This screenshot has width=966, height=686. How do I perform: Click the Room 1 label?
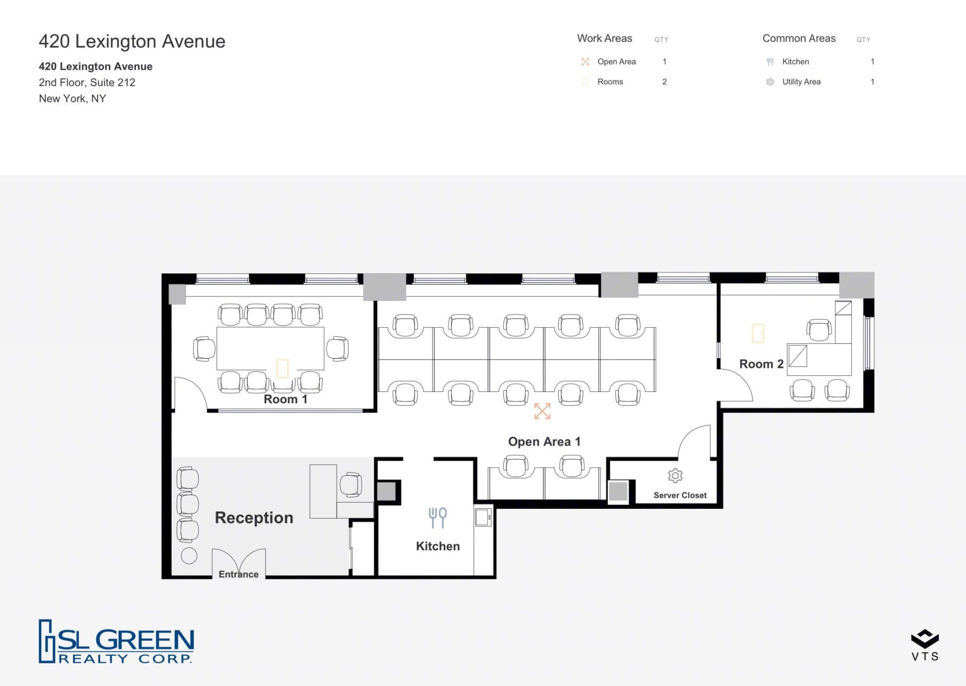pyautogui.click(x=285, y=399)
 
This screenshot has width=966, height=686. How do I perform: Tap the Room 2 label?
pyautogui.click(x=761, y=364)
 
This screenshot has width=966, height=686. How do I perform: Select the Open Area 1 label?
pyautogui.click(x=544, y=441)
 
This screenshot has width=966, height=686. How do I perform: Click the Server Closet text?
pyautogui.click(x=680, y=495)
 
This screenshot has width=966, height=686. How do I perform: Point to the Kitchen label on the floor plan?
pyautogui.click(x=438, y=546)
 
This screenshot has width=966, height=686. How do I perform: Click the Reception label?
pyautogui.click(x=254, y=517)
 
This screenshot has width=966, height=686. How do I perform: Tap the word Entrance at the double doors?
pyautogui.click(x=238, y=574)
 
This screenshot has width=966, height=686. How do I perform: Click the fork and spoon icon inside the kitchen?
pyautogui.click(x=438, y=517)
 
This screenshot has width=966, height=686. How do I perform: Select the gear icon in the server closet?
pyautogui.click(x=675, y=475)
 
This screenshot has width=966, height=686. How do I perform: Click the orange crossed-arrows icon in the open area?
pyautogui.click(x=542, y=411)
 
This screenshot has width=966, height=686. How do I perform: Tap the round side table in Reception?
pyautogui.click(x=189, y=556)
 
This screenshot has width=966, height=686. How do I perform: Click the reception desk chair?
pyautogui.click(x=350, y=485)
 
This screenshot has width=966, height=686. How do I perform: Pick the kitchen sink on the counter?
pyautogui.click(x=483, y=517)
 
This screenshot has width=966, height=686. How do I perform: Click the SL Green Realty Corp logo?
pyautogui.click(x=116, y=641)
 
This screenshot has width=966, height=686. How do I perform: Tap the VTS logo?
pyautogui.click(x=924, y=645)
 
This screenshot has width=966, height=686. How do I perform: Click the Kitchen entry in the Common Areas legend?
pyautogui.click(x=795, y=62)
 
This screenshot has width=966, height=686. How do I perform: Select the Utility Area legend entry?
pyautogui.click(x=801, y=82)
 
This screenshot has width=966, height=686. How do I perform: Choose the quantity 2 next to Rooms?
pyautogui.click(x=664, y=82)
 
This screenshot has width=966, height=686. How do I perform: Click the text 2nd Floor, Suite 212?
pyautogui.click(x=87, y=82)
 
